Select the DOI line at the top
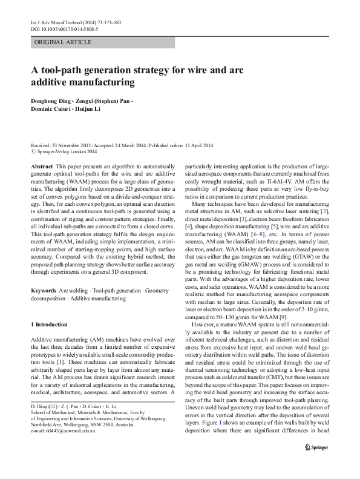(x=56, y=28)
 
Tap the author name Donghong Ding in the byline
(x=48, y=98)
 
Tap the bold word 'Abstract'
(x=40, y=165)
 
